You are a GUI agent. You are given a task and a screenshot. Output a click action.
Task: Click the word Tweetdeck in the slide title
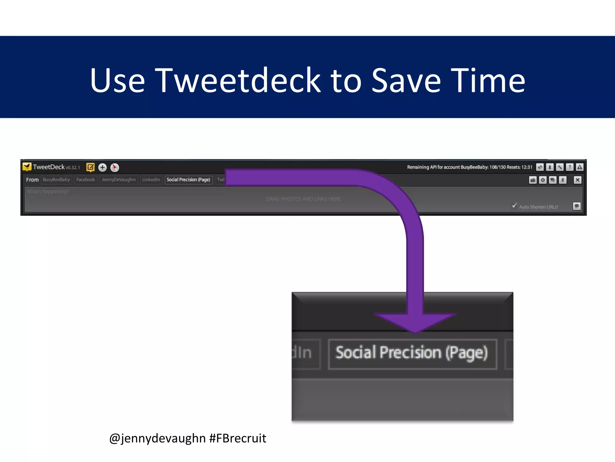click(x=238, y=80)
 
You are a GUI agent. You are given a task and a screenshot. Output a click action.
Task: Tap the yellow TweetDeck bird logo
click(x=27, y=167)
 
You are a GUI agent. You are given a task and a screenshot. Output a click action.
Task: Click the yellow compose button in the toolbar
click(x=90, y=167)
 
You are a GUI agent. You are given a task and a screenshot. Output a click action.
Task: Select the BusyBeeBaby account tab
click(x=56, y=180)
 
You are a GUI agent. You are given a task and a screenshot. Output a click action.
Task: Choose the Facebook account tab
click(x=86, y=180)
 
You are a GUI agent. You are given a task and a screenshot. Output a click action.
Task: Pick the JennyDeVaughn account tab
click(x=119, y=180)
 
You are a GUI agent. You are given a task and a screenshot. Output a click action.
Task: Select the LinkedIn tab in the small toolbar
click(x=151, y=180)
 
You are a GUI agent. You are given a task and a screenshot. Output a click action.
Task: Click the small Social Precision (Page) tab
click(x=188, y=180)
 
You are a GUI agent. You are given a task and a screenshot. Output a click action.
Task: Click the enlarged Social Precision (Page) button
click(x=412, y=353)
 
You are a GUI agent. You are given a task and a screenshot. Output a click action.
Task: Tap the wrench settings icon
click(x=560, y=167)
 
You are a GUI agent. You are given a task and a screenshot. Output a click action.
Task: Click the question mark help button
click(x=570, y=167)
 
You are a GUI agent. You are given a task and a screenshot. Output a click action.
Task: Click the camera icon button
click(x=533, y=180)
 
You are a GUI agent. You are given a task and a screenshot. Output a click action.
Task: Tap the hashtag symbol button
click(x=562, y=180)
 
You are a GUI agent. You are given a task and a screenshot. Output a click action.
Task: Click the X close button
click(x=577, y=180)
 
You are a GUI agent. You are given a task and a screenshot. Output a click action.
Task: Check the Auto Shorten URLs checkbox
click(x=514, y=206)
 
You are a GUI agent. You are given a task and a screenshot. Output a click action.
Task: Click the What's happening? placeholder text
click(x=48, y=192)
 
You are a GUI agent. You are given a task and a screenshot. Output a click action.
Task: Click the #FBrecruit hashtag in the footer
click(x=238, y=438)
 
